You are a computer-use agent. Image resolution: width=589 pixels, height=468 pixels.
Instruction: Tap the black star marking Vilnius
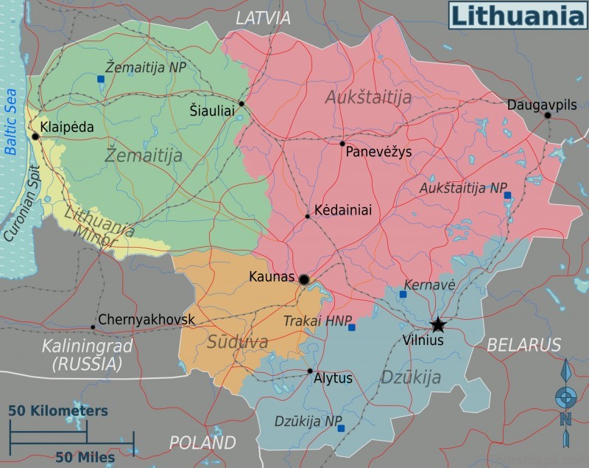438,324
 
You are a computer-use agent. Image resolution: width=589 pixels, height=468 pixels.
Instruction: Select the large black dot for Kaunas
303,279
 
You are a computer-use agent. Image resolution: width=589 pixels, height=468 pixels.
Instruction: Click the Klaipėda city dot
35,136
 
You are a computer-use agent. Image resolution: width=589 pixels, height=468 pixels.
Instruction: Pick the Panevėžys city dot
342,144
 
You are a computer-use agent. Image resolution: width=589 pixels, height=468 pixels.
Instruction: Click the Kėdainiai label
342,210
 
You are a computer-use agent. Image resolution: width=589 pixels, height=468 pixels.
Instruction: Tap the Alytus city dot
310,371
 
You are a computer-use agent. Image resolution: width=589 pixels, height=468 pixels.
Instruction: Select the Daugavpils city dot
547,115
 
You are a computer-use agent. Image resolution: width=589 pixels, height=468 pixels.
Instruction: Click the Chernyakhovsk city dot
93,326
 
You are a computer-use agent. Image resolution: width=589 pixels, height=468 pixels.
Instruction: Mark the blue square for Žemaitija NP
101,78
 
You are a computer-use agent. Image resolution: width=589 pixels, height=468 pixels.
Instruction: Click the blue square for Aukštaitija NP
507,195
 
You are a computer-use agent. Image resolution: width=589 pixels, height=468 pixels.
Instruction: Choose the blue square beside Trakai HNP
351,327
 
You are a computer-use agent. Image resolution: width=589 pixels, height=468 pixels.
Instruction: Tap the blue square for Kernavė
403,294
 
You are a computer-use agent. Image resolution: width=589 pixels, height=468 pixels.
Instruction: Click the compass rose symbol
565,398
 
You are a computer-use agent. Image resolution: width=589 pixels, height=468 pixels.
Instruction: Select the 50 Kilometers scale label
58,411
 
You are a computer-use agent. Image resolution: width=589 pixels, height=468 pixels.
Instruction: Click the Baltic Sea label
10,122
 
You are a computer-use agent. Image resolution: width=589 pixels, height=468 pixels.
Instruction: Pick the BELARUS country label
523,345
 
